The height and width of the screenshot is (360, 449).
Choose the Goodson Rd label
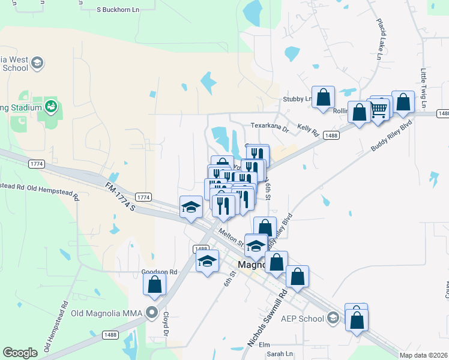159,272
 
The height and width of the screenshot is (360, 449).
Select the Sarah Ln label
280,354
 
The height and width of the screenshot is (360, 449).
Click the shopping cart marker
379,109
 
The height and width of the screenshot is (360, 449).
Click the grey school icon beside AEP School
334,319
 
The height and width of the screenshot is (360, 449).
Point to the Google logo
20,353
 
